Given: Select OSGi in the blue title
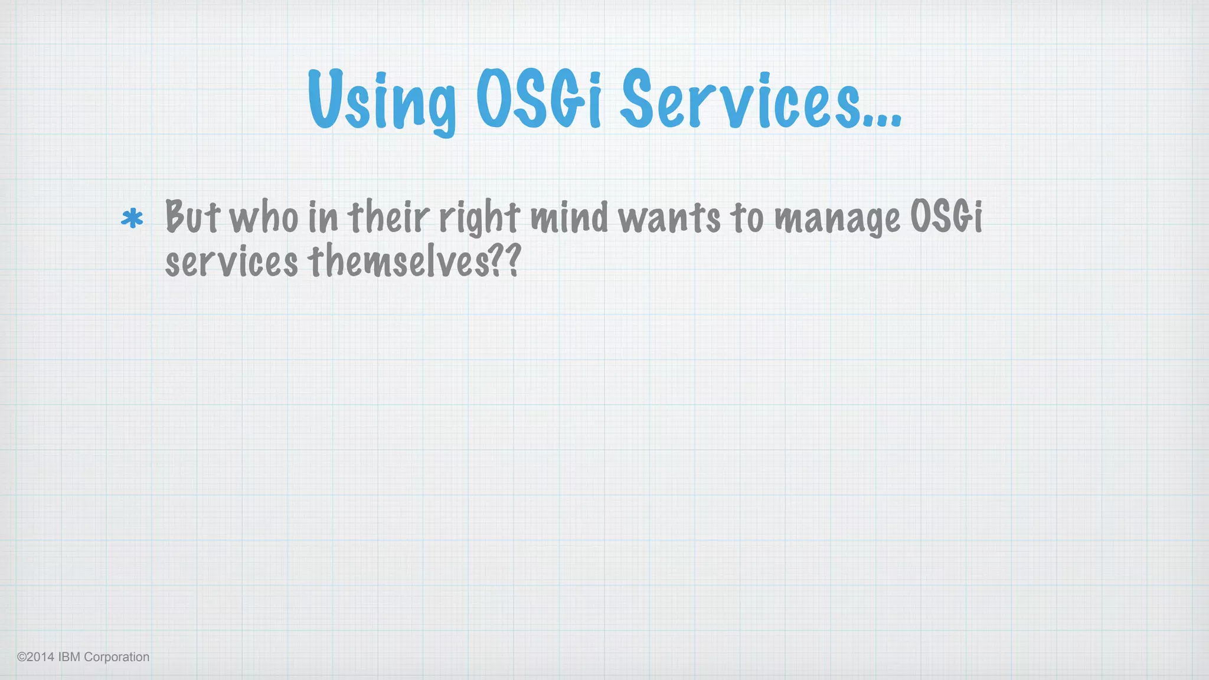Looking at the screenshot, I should [x=538, y=99].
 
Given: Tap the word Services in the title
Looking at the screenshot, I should [x=740, y=99].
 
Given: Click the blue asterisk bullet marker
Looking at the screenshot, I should [x=132, y=219].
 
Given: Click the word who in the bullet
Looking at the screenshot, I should [x=264, y=217].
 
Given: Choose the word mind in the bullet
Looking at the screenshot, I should [x=569, y=217].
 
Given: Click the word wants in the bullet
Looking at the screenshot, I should [x=669, y=217].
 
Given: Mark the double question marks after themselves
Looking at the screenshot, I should [x=507, y=261].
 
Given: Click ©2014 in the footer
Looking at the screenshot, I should [x=35, y=657].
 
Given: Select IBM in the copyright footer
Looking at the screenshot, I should [x=69, y=657].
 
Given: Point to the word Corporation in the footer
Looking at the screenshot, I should [x=117, y=657].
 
